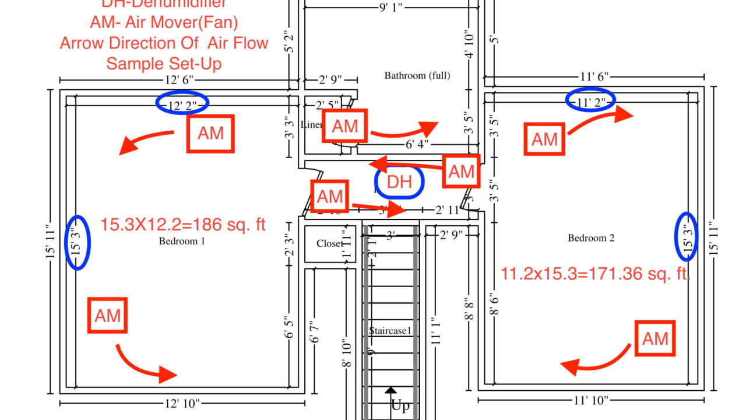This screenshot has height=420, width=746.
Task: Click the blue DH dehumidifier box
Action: point(400,183)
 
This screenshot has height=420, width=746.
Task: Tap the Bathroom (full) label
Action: point(417,75)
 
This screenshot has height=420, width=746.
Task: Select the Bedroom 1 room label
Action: point(182,241)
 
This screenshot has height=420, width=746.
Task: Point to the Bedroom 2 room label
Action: point(591,238)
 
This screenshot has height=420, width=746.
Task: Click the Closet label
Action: point(330,243)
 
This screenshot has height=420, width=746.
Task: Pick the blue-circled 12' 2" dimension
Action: point(182,104)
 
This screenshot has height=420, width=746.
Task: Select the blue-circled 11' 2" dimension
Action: point(591,100)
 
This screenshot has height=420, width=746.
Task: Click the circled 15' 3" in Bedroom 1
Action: point(78,243)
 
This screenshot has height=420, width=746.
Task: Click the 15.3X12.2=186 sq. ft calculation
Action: point(183,224)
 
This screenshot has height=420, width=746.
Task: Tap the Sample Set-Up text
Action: point(164,63)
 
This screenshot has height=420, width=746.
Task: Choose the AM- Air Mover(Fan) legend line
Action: point(164,22)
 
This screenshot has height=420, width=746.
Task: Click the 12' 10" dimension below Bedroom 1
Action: point(182,403)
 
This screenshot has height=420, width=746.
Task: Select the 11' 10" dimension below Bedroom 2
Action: point(591,400)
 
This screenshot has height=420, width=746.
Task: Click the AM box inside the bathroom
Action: point(345,126)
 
